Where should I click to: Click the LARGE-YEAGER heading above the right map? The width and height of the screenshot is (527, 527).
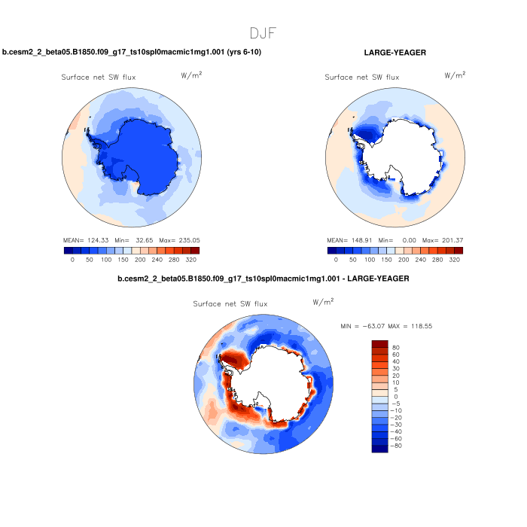394,53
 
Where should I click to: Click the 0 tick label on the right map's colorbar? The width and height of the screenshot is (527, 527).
337,258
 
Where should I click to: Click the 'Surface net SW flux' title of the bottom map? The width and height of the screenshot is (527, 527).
230,304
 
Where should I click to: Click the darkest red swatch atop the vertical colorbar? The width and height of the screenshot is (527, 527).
380,344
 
